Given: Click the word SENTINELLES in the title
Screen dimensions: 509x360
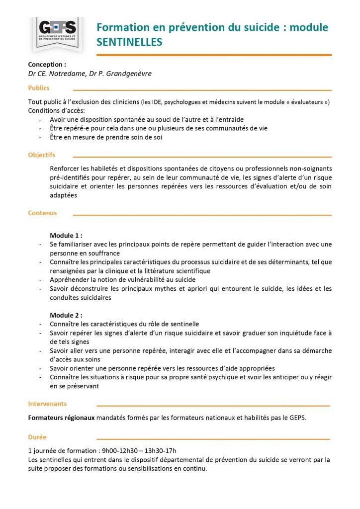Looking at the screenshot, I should (x=129, y=42).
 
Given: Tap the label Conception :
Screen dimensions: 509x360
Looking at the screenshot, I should (x=47, y=64).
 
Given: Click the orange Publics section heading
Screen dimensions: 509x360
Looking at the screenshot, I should (x=39, y=88).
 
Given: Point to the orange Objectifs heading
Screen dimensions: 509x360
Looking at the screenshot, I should (x=42, y=155).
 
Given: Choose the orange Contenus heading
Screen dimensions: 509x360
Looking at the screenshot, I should (x=42, y=213).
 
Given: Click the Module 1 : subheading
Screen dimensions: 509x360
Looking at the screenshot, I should (x=66, y=235).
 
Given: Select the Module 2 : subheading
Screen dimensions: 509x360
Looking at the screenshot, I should (x=66, y=315).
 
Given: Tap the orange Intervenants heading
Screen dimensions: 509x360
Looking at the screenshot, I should (x=47, y=404).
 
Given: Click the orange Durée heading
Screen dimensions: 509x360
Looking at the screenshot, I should (x=37, y=437).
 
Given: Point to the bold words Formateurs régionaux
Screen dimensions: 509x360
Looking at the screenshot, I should (x=61, y=418).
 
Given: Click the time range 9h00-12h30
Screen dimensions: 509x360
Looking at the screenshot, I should (x=121, y=450).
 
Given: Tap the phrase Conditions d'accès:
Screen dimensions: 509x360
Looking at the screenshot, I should (x=57, y=110).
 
